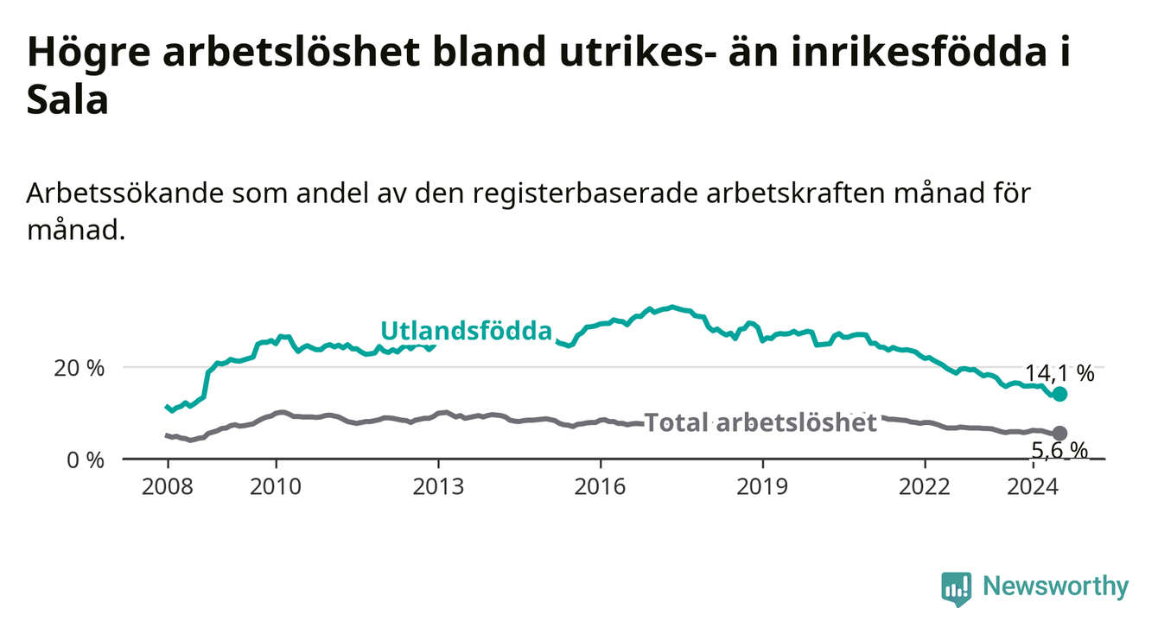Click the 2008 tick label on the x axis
(167, 487)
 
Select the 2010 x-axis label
(276, 487)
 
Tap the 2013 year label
(438, 487)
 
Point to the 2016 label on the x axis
(601, 487)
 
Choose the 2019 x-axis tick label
(762, 487)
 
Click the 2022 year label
(925, 487)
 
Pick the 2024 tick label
(1033, 487)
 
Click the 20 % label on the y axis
(80, 369)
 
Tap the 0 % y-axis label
(86, 460)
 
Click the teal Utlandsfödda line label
(467, 331)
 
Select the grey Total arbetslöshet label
(761, 422)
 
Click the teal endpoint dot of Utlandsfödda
(1059, 394)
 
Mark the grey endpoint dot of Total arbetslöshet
(1059, 433)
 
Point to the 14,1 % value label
(1059, 373)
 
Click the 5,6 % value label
(1059, 451)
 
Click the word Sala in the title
(67, 99)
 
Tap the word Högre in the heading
(88, 52)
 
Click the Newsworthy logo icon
(957, 589)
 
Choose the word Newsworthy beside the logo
(1056, 586)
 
